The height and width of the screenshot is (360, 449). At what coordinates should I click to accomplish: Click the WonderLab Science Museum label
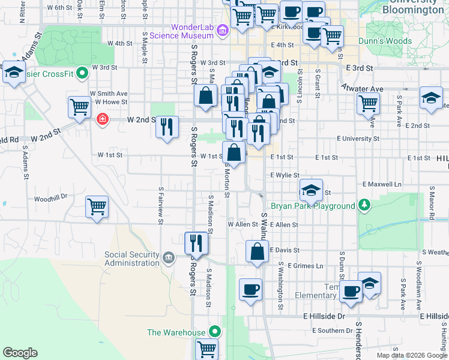pos(192,31)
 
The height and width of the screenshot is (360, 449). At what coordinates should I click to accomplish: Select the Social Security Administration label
pos(131,259)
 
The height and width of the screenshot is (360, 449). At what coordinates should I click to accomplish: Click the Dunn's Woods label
pos(385,41)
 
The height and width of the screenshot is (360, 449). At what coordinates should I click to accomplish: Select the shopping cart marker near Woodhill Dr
pos(97,206)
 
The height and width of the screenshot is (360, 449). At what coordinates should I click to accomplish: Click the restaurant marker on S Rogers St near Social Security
pos(196,242)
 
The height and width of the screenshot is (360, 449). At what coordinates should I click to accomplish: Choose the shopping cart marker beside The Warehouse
pos(206,348)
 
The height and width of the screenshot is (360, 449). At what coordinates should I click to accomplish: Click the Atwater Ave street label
pos(362,89)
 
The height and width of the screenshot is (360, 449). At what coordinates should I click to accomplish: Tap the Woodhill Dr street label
pos(50,197)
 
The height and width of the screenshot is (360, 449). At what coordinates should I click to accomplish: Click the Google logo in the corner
pos(20,353)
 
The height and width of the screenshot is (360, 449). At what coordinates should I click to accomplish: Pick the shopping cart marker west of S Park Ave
pos(368,103)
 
